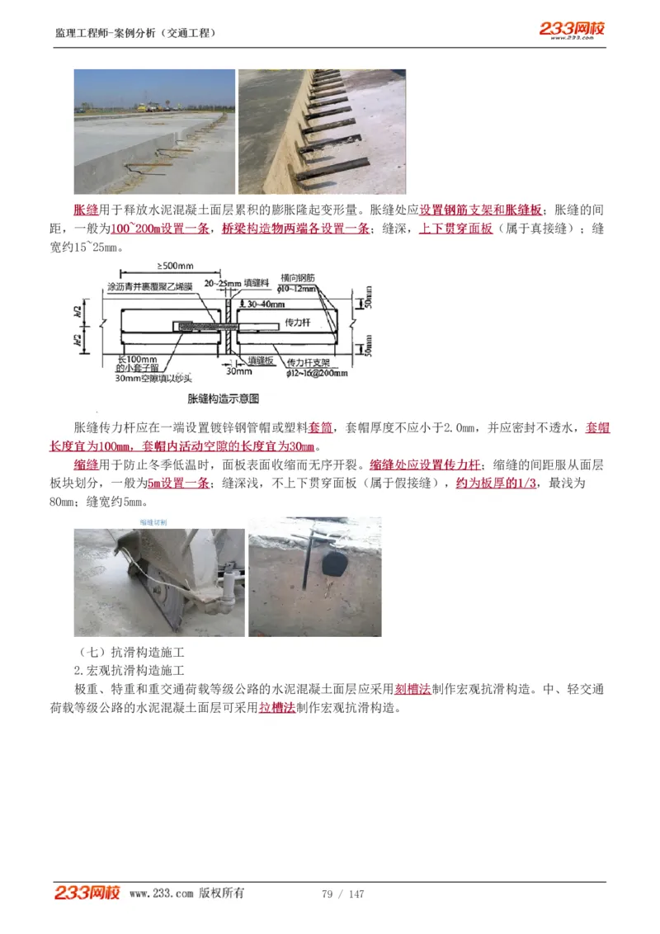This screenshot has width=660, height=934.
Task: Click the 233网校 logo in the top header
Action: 572,30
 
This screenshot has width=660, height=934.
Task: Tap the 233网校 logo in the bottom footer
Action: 87,893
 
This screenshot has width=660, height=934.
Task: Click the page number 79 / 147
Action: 342,894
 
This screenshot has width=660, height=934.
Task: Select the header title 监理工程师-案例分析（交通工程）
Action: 135,33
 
